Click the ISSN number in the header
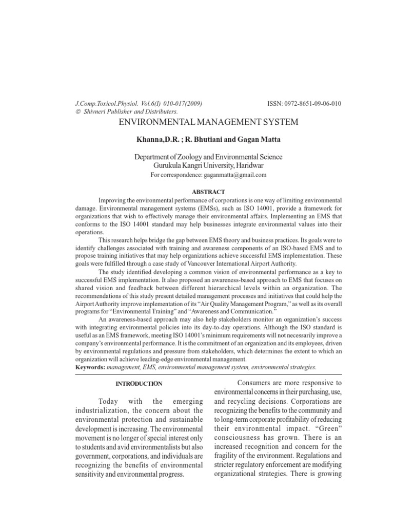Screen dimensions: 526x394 [304, 104]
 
